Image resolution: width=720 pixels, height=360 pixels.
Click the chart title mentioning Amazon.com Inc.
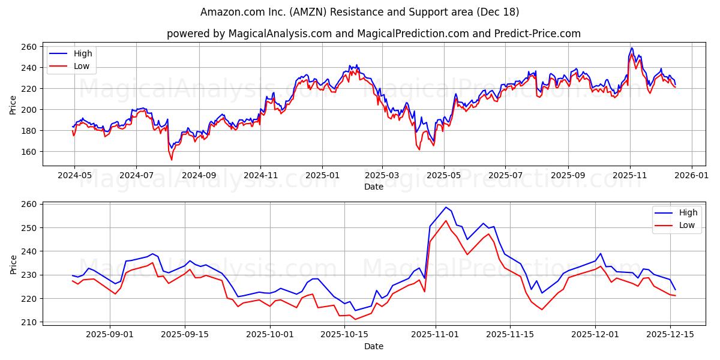click(359, 12)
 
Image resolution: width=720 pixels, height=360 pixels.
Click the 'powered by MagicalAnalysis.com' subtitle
click(373, 34)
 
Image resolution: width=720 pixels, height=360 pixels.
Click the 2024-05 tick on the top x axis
click(74, 176)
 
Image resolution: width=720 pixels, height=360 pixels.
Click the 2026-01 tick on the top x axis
click(692, 176)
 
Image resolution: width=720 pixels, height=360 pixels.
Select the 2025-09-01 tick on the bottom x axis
click(110, 334)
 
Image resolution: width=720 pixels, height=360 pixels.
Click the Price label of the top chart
click(13, 104)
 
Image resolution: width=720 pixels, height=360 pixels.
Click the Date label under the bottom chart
click(373, 346)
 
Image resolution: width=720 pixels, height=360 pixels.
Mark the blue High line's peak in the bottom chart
click(446, 208)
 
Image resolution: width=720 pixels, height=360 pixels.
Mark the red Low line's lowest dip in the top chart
click(172, 160)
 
